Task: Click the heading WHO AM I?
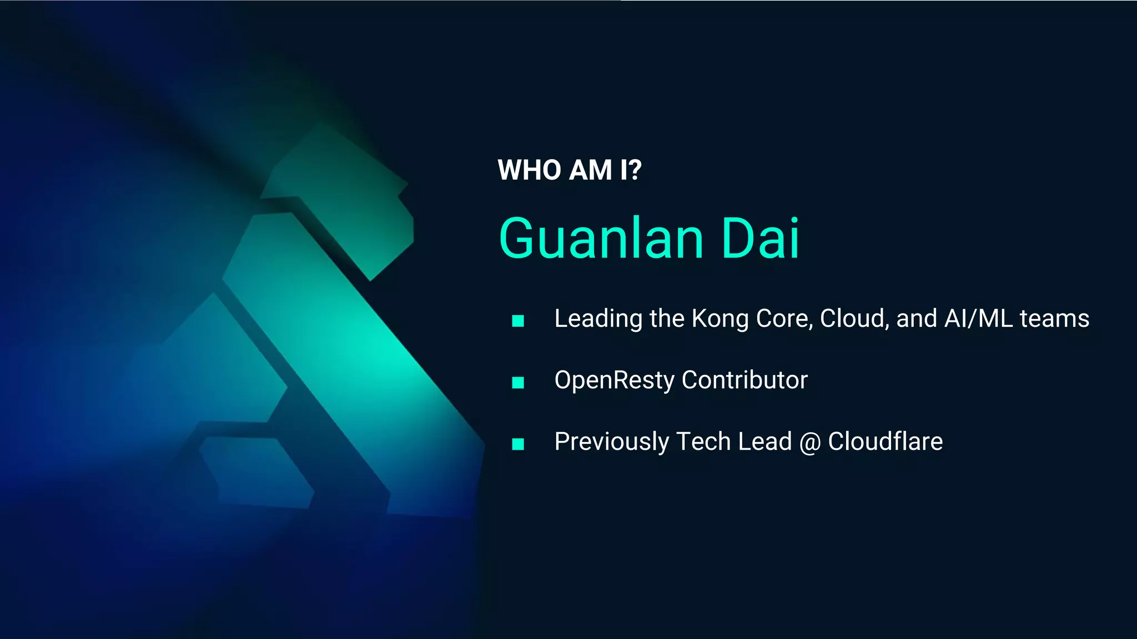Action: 569,170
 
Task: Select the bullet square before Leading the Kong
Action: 518,321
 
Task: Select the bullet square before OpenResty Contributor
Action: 518,382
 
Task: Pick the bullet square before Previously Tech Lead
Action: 518,444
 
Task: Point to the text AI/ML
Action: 978,319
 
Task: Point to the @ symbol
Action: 810,443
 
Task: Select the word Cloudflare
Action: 885,442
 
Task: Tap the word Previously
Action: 612,443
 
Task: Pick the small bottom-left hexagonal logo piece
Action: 255,471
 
